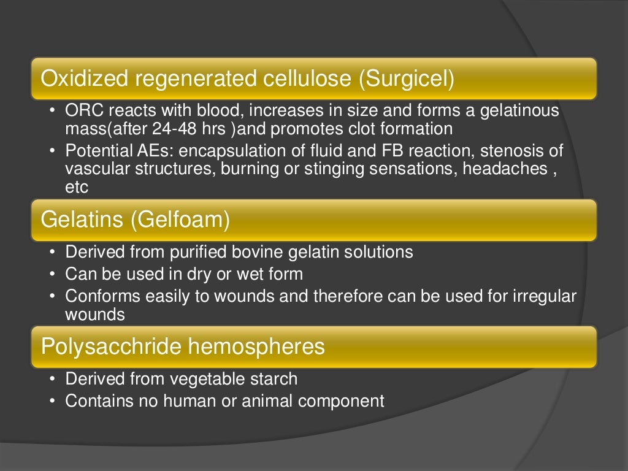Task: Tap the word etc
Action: (x=77, y=187)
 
